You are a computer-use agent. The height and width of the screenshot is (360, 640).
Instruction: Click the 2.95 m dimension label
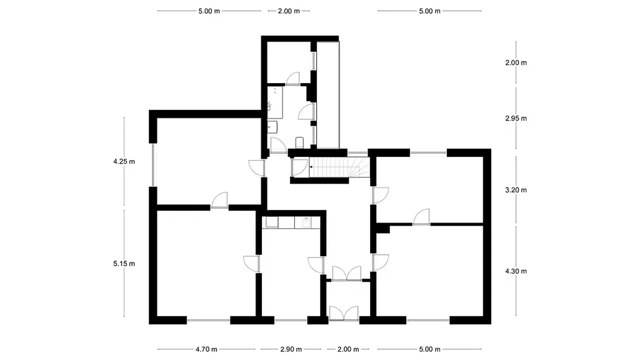tap(516, 118)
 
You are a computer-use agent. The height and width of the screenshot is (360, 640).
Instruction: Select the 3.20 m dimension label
tap(516, 190)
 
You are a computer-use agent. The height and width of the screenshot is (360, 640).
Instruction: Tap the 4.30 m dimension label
tap(516, 271)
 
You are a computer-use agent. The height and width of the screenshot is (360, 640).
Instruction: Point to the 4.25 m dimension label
tap(124, 162)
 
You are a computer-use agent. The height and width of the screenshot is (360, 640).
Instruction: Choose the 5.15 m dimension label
tap(124, 264)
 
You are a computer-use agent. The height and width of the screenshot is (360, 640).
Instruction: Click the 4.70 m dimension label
tap(206, 349)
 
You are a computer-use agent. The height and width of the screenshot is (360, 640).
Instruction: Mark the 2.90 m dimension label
tap(291, 349)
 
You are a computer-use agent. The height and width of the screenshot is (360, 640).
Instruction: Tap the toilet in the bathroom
tap(299, 142)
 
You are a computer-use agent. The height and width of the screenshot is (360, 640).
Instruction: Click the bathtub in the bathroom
tap(275, 102)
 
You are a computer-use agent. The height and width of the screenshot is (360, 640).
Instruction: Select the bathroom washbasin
tap(272, 127)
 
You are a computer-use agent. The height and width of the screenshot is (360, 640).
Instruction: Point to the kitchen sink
tap(306, 222)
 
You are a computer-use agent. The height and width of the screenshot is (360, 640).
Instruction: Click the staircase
tap(339, 167)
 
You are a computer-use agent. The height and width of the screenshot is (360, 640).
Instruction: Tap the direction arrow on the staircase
tap(311, 167)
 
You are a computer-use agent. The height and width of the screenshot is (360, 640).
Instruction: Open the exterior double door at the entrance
tap(344, 314)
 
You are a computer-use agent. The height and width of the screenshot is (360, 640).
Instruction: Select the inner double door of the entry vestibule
tap(346, 274)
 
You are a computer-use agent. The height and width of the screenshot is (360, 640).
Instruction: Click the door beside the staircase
tap(299, 167)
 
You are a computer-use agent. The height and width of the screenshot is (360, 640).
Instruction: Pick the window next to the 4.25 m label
tap(154, 165)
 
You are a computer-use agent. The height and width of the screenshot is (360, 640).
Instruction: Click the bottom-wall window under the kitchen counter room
tap(291, 321)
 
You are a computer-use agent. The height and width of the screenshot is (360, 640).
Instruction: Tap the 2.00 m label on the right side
tap(516, 63)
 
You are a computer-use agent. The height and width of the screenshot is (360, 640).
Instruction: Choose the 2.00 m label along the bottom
tap(348, 349)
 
